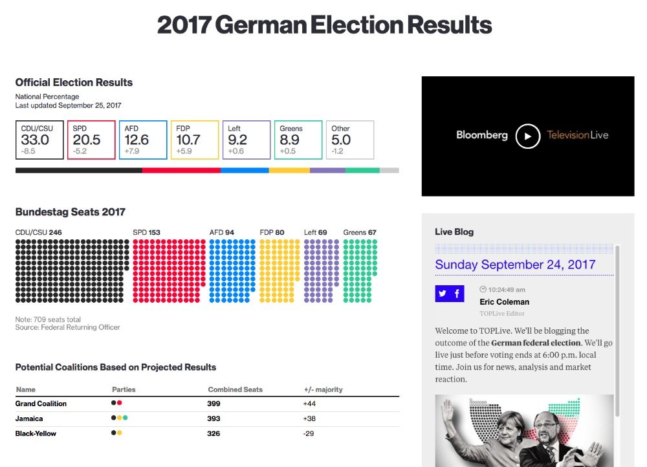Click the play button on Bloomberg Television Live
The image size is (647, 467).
[x=528, y=136]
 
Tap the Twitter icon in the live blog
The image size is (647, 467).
[x=443, y=294]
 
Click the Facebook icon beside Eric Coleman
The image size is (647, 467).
[x=457, y=294]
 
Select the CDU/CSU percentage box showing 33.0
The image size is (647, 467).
[x=39, y=140]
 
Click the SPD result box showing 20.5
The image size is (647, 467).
[x=91, y=140]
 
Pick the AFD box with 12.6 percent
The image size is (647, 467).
[x=143, y=140]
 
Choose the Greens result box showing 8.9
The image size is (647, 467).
[x=298, y=140]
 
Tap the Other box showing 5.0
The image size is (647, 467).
[x=350, y=140]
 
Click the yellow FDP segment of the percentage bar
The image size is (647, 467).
[x=289, y=171]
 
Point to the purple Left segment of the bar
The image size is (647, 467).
[x=327, y=171]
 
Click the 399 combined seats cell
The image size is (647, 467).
[x=214, y=404]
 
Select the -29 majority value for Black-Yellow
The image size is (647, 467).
[x=309, y=433]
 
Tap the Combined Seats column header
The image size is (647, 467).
[x=235, y=389]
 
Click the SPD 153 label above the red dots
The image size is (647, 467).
[x=146, y=232]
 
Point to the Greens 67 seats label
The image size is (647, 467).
[x=360, y=232]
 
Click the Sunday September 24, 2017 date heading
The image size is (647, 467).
[x=515, y=265]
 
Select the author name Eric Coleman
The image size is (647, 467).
[x=504, y=302]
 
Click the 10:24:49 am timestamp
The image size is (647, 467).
[x=507, y=290]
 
